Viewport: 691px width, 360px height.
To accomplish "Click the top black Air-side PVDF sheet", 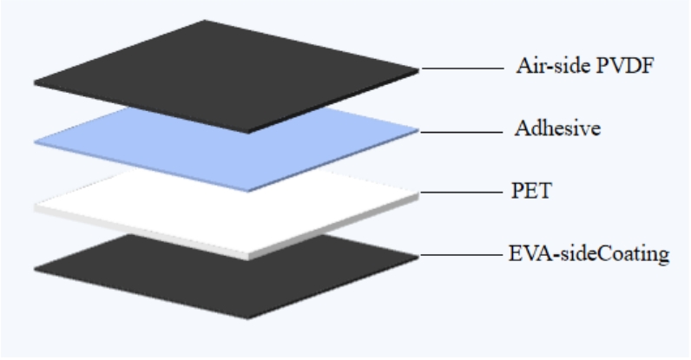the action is click(x=226, y=75).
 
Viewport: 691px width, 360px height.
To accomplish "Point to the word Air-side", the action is click(x=554, y=66).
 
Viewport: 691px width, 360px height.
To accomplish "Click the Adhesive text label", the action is click(x=557, y=128).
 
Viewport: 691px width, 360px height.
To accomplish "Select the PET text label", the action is click(x=531, y=191).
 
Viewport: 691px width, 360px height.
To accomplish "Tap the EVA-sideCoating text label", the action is click(x=589, y=254).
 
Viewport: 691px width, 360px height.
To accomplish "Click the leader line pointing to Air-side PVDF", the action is click(x=463, y=69).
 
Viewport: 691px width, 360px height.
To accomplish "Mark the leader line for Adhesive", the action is click(x=462, y=132).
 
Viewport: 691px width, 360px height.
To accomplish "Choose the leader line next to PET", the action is click(x=462, y=193).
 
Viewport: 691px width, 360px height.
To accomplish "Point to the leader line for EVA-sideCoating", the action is click(x=462, y=255).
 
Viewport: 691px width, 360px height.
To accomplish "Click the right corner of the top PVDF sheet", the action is click(x=418, y=69).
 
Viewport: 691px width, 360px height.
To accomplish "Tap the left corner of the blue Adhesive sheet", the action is click(x=35, y=142).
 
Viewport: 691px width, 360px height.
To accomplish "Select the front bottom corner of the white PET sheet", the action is click(x=247, y=260).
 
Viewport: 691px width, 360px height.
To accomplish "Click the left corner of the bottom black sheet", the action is click(x=35, y=269).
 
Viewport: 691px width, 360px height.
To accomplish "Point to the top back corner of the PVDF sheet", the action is click(x=205, y=20).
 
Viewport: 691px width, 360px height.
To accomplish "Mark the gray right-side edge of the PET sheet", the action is click(x=333, y=227).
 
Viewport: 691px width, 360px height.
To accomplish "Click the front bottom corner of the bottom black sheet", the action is click(x=247, y=318).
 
